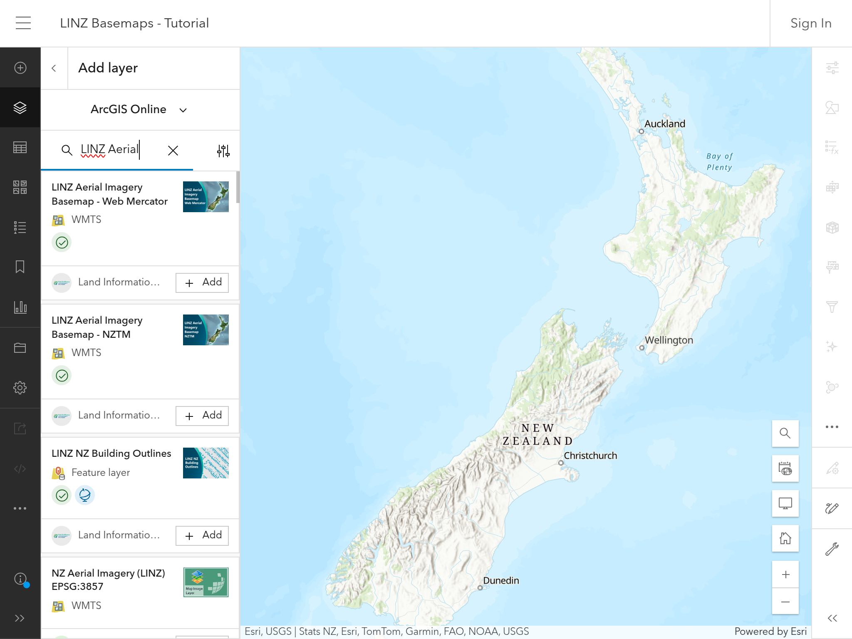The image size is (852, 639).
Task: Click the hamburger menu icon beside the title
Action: pos(23,23)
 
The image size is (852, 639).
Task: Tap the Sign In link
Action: pos(810,23)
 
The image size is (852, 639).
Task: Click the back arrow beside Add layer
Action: pos(54,68)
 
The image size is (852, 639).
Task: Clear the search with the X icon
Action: pos(173,150)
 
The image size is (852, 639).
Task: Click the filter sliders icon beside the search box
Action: pos(223,151)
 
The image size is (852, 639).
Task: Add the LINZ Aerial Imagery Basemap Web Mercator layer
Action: pos(202,282)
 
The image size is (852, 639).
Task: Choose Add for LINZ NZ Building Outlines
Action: pos(202,535)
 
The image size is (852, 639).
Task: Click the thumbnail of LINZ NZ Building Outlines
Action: pos(206,463)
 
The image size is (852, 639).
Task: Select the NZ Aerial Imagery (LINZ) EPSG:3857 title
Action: pos(108,580)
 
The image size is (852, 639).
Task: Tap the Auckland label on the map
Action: pos(664,124)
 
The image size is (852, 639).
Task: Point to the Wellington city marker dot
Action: pos(641,348)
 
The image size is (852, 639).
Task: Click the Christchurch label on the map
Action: pos(590,456)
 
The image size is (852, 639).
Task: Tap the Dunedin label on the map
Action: pos(501,580)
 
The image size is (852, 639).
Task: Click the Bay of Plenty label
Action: pos(719,161)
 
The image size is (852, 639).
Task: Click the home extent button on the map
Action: pos(785,538)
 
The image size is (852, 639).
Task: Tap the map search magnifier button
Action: pos(785,433)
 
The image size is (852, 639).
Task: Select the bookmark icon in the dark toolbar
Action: pos(20,267)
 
